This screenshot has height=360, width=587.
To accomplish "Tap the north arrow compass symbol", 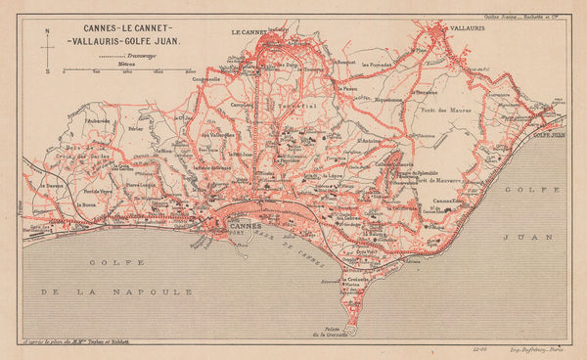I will (x=48, y=46).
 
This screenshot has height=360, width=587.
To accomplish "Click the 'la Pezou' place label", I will (x=343, y=87).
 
